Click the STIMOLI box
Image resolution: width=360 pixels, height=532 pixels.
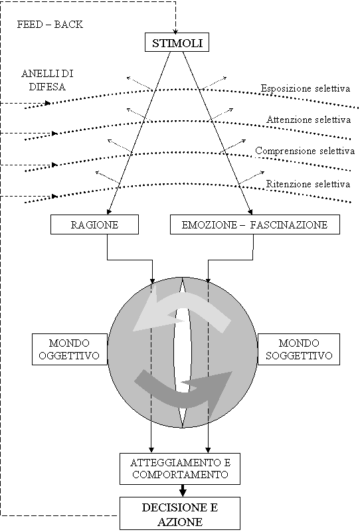click(177, 43)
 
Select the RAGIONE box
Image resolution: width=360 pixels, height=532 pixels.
click(95, 224)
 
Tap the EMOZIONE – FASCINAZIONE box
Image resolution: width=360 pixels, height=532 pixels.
click(255, 224)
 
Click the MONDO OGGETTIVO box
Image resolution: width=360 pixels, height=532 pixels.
click(70, 349)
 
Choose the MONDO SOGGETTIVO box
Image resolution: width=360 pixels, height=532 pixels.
click(299, 349)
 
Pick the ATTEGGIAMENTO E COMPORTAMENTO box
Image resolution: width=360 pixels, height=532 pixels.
click(180, 468)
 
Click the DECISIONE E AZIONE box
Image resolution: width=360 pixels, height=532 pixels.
click(180, 513)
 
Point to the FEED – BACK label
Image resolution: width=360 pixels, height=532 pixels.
click(50, 25)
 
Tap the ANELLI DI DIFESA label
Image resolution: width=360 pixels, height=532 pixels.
click(47, 80)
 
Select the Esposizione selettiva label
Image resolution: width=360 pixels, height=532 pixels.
click(306, 88)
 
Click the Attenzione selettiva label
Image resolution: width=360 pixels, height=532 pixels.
click(308, 120)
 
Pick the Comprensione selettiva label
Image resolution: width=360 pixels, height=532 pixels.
click(305, 151)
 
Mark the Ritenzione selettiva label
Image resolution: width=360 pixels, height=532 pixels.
click(308, 184)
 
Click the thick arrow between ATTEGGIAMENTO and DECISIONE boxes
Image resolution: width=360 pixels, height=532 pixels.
click(183, 491)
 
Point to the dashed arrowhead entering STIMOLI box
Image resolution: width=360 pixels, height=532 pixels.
click(175, 31)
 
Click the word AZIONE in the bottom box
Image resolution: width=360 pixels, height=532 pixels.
click(180, 521)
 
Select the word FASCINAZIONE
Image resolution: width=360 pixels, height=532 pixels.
click(289, 224)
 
